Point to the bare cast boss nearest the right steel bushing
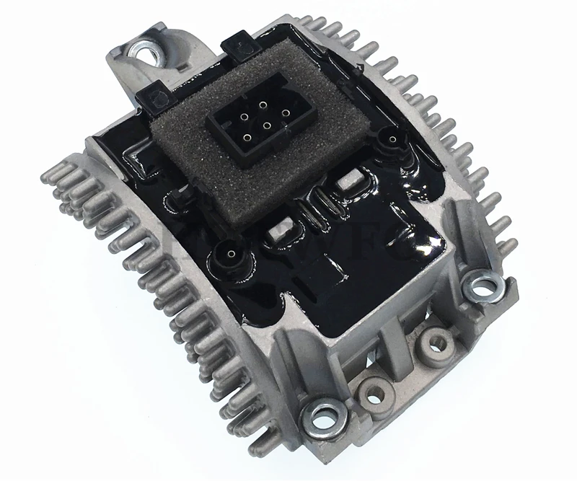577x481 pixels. [434, 339]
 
